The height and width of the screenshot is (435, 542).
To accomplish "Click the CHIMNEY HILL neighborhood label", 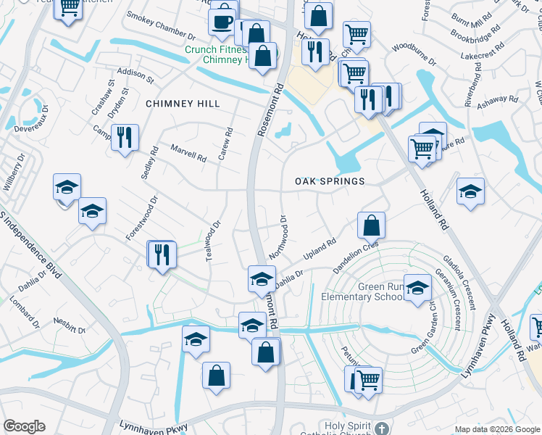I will pos(183,104).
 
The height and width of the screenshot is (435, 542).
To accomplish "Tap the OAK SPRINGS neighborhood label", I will pos(329,181).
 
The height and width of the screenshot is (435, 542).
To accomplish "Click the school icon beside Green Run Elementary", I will pos(417,288).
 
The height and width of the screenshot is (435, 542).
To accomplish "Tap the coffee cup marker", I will pos(222,21).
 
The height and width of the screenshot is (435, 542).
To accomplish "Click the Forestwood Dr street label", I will pos(141,218).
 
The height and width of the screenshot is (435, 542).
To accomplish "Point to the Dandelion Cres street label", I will pos(356,257).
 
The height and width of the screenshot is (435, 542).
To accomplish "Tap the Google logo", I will pos(24,426).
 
